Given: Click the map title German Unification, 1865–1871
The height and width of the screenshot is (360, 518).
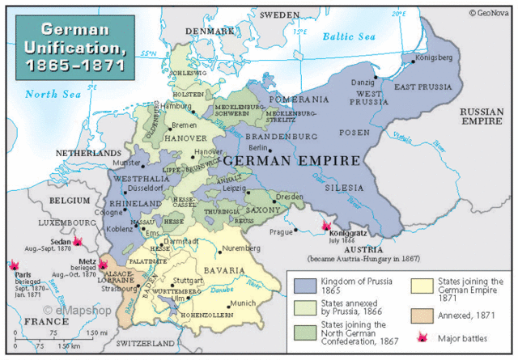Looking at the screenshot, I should pyautogui.click(x=74, y=48).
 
